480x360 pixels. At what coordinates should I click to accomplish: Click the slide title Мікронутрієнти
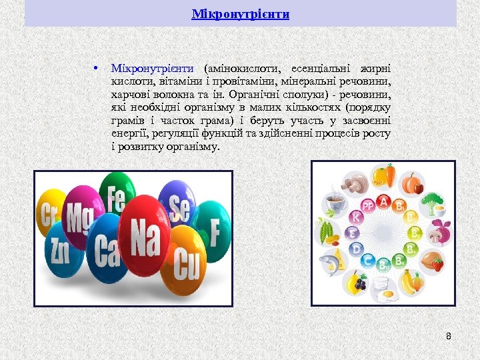pos(240,13)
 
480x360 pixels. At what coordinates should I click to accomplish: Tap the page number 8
pos(449,335)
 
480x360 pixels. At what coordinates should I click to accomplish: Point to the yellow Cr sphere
pos(50,215)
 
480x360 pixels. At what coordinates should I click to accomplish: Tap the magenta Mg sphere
pos(81,219)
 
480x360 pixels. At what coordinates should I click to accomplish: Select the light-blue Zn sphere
pos(60,251)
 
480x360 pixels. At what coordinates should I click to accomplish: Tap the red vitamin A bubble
pos(383,201)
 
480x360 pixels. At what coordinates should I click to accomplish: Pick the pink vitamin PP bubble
pos(367,206)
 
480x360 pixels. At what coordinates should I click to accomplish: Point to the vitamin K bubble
pos(357,217)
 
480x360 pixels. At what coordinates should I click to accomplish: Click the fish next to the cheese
pos(330,262)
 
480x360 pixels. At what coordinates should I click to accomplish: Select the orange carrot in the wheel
pos(390,175)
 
